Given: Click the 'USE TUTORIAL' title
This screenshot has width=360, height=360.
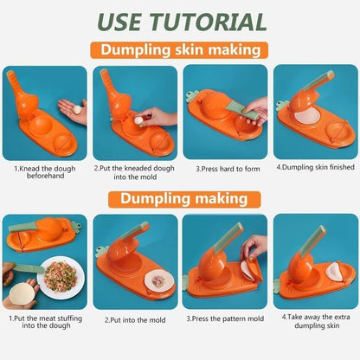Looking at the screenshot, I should (x=180, y=21).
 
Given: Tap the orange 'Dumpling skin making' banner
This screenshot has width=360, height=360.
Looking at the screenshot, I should (x=180, y=49).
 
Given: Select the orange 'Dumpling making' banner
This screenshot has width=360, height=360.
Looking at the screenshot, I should (x=180, y=199).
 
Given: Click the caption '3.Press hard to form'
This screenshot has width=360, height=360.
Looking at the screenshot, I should (x=224, y=169).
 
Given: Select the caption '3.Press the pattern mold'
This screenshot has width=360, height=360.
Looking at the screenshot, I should (x=224, y=318).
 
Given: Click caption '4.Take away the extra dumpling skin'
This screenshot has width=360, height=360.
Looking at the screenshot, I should (x=315, y=323).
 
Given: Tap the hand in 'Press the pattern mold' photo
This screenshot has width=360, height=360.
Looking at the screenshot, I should (x=254, y=249).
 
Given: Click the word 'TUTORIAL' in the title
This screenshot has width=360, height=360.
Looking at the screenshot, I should (x=215, y=21).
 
